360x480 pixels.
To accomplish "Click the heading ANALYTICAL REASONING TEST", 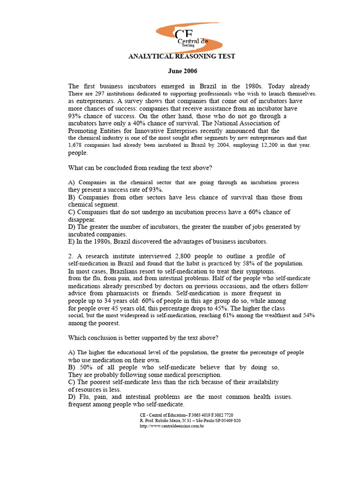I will (182, 56).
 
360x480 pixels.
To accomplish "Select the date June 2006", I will (182, 71).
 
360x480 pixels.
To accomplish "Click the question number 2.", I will (70, 256).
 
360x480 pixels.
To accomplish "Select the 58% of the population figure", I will (257, 264).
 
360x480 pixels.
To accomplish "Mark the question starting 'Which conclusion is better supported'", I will (143, 338).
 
